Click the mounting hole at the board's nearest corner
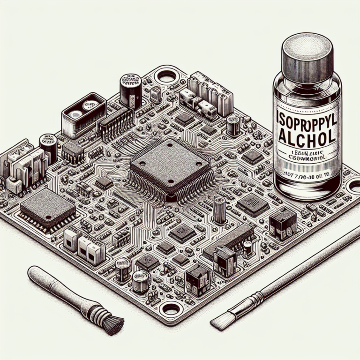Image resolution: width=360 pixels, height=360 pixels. [170, 308]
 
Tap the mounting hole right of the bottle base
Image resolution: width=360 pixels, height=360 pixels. [352, 187]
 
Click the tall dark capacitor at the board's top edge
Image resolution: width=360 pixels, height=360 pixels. [131, 89]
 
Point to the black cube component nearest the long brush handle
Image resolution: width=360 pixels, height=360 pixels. [284, 224]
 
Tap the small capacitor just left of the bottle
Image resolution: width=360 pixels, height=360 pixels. [233, 125]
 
